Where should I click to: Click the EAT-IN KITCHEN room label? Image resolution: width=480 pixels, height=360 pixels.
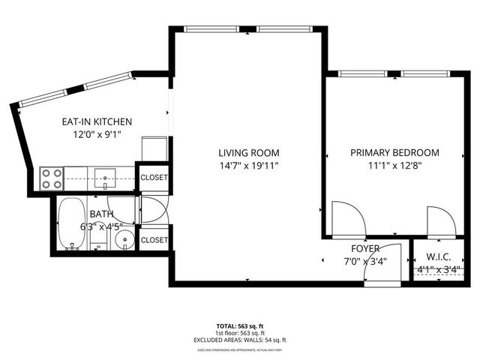(97, 121)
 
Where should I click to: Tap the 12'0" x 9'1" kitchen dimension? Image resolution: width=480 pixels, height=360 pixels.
(97, 135)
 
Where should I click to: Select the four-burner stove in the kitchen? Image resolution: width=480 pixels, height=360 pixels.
(52, 178)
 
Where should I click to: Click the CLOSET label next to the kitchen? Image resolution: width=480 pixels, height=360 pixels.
(154, 178)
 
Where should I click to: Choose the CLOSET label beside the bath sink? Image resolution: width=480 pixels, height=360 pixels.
(154, 240)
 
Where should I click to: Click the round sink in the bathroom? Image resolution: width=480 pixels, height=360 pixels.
(124, 240)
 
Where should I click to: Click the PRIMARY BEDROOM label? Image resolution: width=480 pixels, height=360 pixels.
(395, 152)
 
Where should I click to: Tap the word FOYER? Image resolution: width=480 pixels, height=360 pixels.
(365, 248)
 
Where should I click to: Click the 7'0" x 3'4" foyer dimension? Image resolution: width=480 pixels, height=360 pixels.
(365, 262)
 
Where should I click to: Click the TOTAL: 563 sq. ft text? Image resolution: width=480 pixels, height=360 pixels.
(241, 326)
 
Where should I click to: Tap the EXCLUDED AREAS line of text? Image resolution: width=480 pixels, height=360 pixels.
(241, 340)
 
